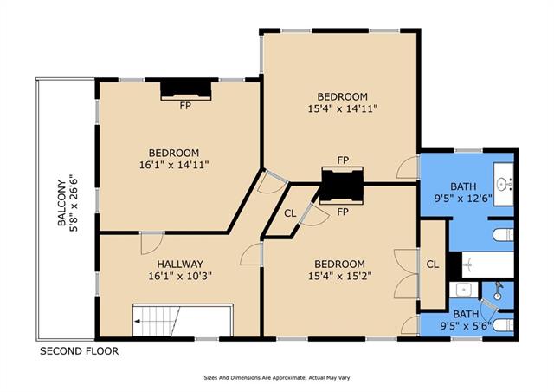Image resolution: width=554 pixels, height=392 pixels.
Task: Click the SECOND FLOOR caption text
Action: click(x=79, y=351)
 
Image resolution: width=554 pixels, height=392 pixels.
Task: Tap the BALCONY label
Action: click(x=61, y=203)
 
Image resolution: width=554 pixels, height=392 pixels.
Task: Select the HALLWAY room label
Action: click(x=180, y=265)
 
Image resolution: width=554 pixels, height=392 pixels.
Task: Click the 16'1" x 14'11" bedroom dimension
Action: click(x=174, y=165)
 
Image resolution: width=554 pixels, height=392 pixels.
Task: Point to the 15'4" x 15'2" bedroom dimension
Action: click(x=339, y=276)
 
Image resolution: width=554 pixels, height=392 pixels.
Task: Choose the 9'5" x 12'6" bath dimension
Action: click(x=463, y=199)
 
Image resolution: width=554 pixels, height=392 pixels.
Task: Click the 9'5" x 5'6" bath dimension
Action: click(x=466, y=325)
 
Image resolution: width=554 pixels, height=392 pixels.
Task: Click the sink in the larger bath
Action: click(x=503, y=184)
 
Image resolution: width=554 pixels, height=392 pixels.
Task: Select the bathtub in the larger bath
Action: click(x=487, y=265)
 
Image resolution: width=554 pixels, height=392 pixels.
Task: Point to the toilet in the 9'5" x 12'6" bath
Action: click(x=503, y=235)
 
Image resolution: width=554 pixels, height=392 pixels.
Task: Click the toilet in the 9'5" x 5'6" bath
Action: click(x=503, y=325)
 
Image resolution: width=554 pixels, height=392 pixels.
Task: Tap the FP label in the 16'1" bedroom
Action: click(x=185, y=106)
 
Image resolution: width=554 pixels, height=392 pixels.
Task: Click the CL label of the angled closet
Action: click(x=290, y=213)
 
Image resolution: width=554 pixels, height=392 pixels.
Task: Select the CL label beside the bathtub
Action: click(x=433, y=265)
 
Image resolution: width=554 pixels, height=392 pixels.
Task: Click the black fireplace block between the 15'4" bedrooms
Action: click(x=342, y=185)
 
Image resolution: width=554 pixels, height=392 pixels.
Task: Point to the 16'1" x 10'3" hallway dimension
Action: click(x=180, y=276)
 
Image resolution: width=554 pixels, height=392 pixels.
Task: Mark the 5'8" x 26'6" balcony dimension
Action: click(x=74, y=203)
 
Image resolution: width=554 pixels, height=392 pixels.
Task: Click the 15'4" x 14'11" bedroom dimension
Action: click(x=343, y=108)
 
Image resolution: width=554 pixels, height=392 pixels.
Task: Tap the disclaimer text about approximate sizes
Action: click(x=277, y=378)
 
